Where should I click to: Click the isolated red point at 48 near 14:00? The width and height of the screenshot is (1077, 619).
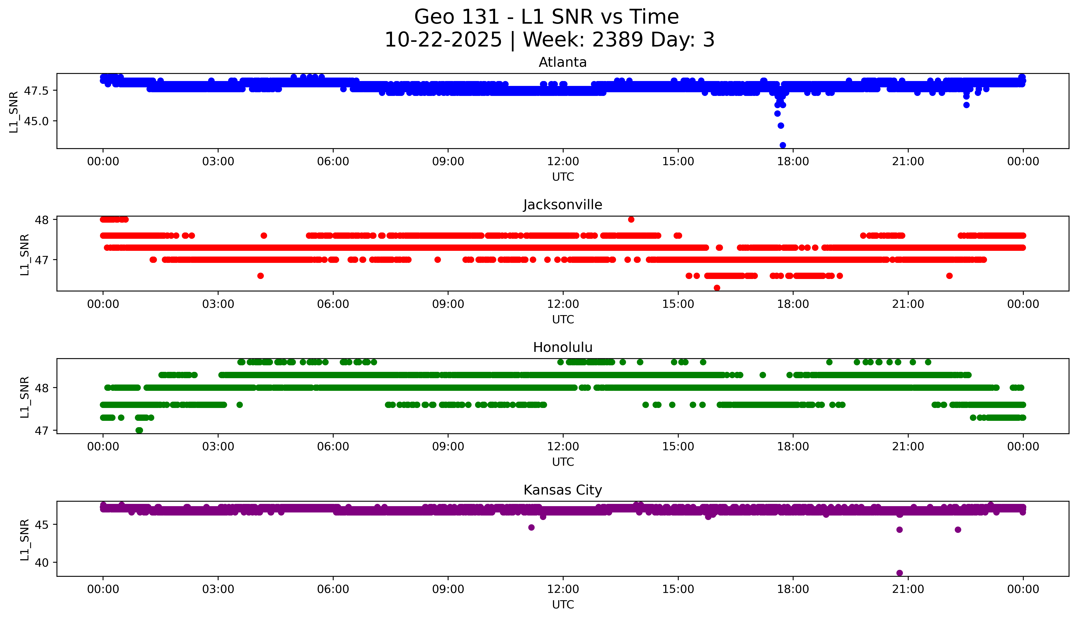point(631,219)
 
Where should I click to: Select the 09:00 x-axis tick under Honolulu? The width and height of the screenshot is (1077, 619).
point(448,447)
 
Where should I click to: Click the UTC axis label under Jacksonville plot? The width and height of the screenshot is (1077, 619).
point(563,319)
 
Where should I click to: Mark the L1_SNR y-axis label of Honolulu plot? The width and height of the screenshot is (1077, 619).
point(25,397)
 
